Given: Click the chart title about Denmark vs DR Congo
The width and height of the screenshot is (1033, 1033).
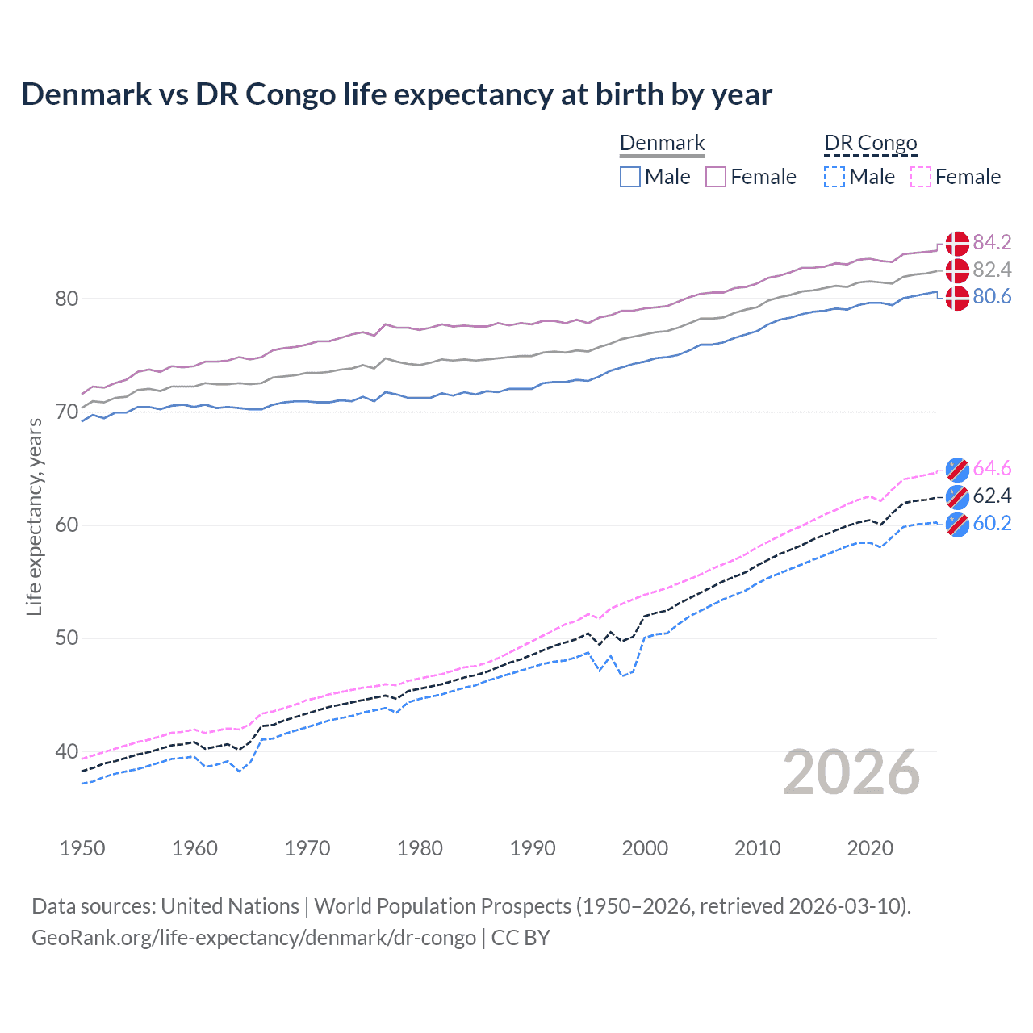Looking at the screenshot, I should point(396,94).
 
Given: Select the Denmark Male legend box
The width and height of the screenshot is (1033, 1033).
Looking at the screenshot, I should point(630,177).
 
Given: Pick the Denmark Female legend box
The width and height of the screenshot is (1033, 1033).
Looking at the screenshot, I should point(716,177).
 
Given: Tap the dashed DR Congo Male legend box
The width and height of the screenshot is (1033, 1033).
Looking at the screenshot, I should point(834,177).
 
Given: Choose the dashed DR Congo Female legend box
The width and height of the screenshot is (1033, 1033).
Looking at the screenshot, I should point(921,177).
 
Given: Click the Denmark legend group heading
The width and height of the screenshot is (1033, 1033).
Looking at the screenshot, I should point(662,144).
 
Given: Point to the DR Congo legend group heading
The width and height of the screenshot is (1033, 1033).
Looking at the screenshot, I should point(870,144).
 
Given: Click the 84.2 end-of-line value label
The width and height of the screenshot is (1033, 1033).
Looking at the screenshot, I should point(992,243).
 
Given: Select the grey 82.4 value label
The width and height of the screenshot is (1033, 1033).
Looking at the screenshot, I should point(992,270).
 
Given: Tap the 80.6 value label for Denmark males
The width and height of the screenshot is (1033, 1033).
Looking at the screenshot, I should point(992,297).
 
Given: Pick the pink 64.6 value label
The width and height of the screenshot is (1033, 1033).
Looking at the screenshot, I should point(992,469).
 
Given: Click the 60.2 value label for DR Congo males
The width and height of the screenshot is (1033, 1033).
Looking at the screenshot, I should point(992,523).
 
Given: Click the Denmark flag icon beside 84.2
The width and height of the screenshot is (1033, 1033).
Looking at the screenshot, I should point(957,243).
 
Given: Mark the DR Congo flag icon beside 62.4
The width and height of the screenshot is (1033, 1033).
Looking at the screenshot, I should point(957,496).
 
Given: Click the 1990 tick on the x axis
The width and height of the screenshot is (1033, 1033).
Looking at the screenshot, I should point(533,848).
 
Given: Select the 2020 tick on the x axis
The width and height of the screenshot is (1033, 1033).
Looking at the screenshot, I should point(870,848).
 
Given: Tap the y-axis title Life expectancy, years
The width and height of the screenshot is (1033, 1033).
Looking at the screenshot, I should point(34,516).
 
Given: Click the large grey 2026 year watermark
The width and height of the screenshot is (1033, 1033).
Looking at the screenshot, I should point(851,773).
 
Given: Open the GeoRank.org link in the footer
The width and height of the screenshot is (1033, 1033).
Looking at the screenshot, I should point(253,938).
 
